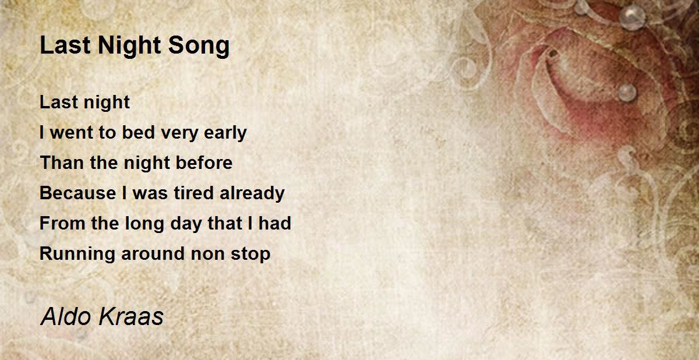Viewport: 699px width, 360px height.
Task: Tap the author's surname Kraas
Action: click(132, 317)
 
